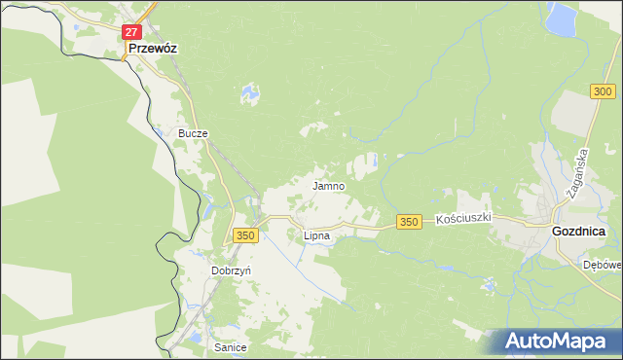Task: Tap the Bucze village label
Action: [193, 133]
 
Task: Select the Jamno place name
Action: [327, 185]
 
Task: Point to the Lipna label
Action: [316, 235]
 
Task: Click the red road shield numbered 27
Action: [132, 32]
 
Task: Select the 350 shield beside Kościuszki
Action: [409, 223]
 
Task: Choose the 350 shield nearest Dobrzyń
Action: [245, 235]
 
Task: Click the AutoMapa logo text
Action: [559, 342]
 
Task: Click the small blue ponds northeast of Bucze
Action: [251, 93]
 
